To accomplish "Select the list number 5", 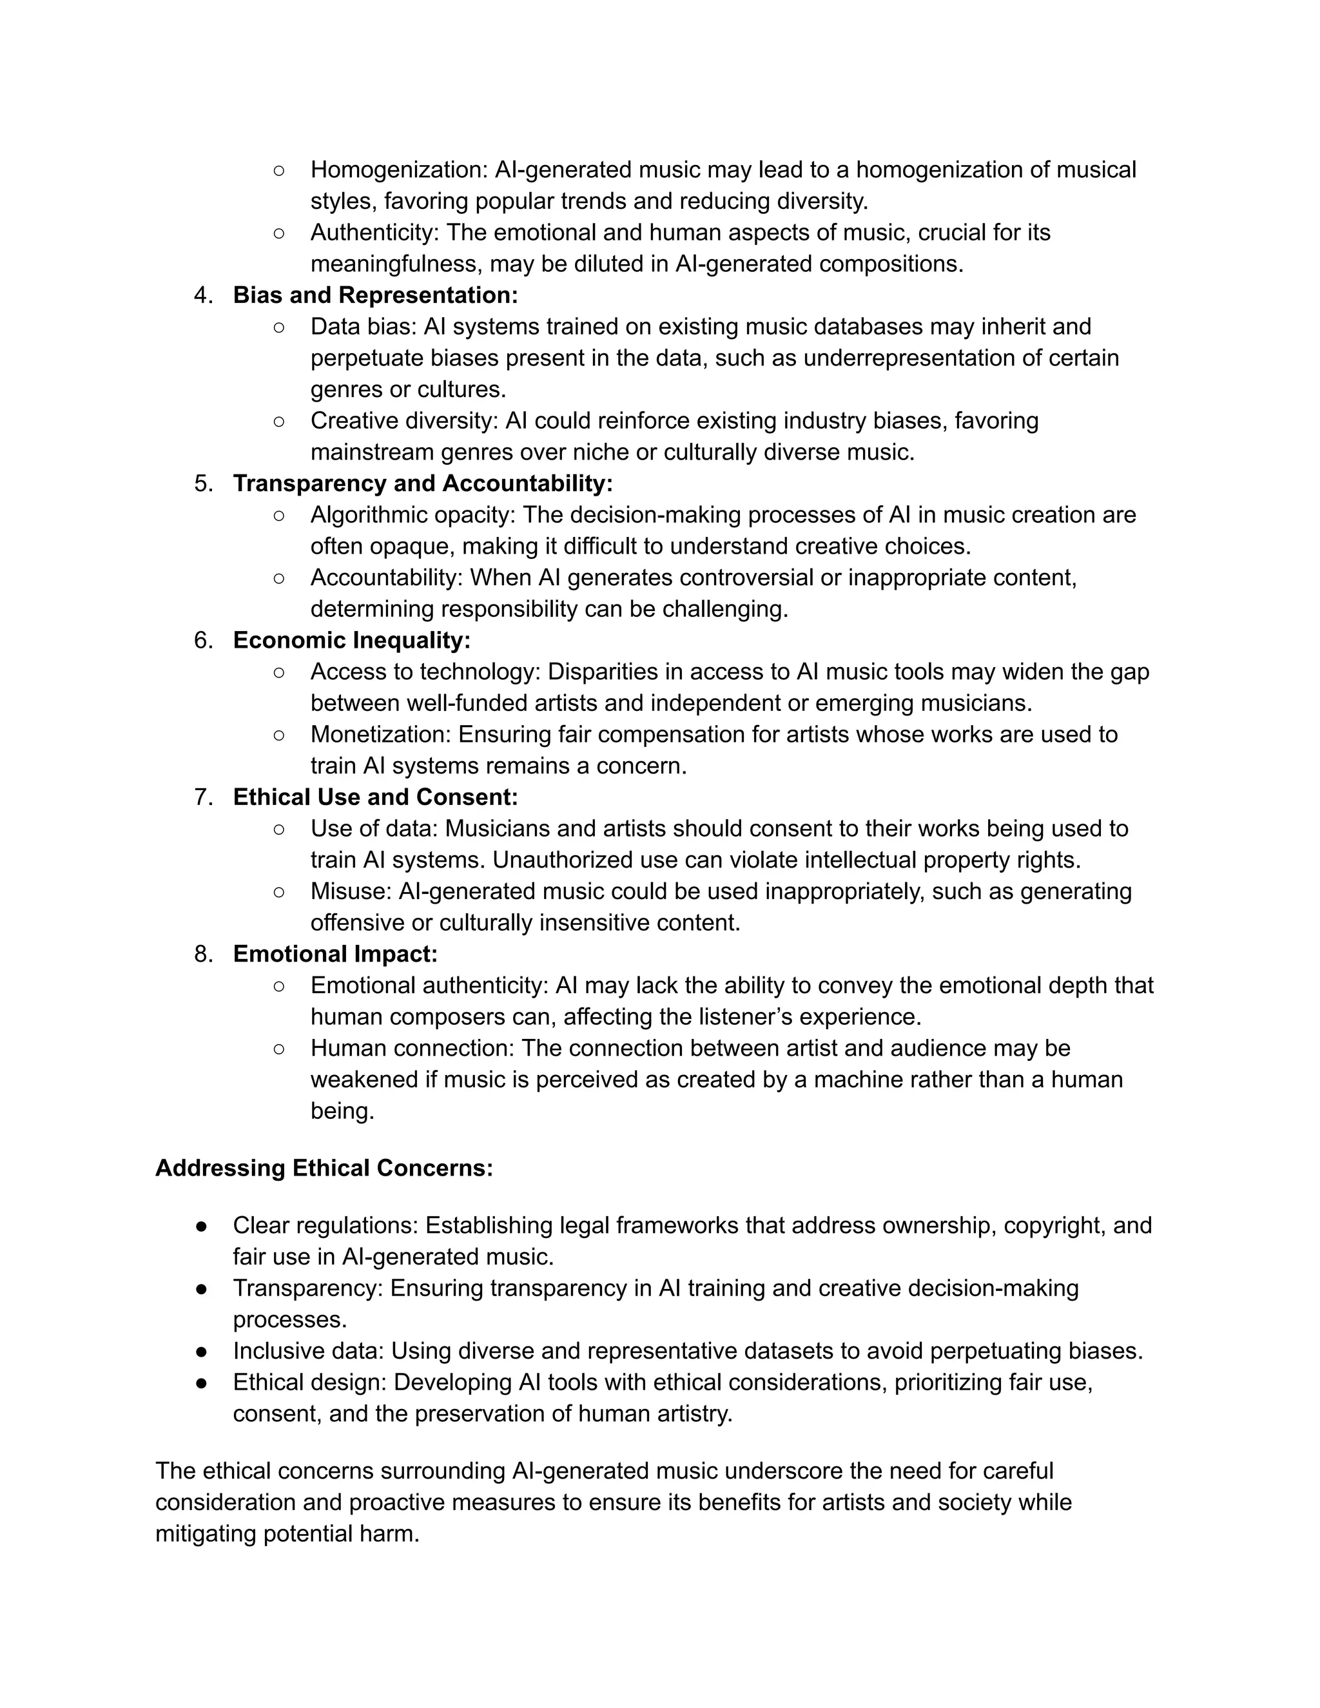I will (x=202, y=483).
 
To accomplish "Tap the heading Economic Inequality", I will (x=351, y=640).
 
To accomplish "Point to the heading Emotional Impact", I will (x=335, y=953).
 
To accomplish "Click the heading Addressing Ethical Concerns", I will (x=324, y=1168).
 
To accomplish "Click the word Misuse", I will (x=351, y=891).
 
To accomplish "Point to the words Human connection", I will (x=411, y=1048).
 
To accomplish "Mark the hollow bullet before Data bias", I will (x=278, y=327).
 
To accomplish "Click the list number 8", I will (x=202, y=953).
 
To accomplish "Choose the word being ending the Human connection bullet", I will (x=342, y=1111).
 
